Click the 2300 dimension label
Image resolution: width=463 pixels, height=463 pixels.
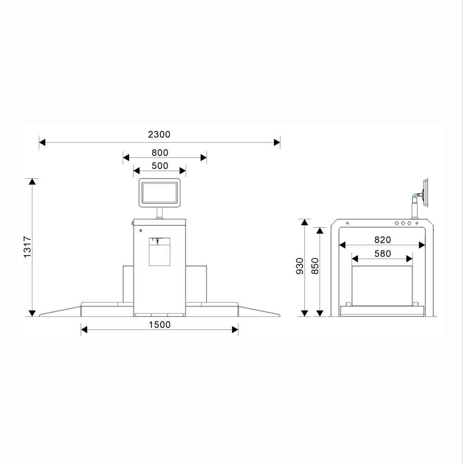pos(159,135)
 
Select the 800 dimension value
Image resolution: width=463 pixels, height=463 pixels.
pos(160,153)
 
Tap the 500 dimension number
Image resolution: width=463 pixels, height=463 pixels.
pos(160,166)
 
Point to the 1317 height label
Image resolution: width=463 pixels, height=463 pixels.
pos(27,247)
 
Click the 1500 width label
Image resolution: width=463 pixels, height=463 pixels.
pos(160,325)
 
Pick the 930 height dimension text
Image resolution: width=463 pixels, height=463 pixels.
pos(300,266)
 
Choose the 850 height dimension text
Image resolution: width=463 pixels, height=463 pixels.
pos(315,266)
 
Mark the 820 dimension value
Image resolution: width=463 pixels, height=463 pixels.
pos(383,240)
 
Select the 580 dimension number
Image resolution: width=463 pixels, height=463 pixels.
pos(383,254)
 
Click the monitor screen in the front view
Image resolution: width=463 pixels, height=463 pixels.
pos(159,193)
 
